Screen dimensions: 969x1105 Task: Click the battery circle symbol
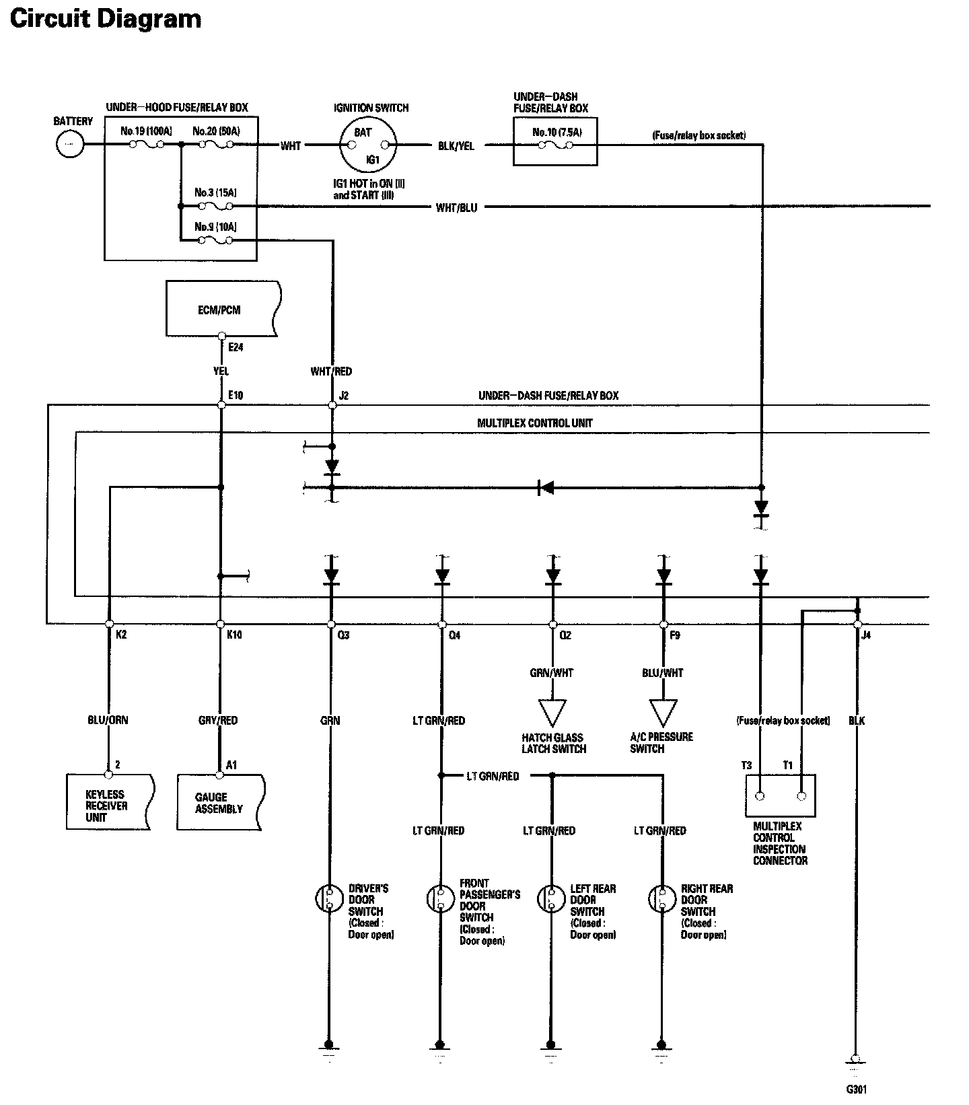[70, 144]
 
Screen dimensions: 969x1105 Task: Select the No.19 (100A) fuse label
[147, 131]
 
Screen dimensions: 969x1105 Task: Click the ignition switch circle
[367, 146]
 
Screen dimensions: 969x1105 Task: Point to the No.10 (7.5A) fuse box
[555, 141]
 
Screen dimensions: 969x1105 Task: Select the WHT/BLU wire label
[456, 207]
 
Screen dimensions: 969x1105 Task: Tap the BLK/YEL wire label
[456, 146]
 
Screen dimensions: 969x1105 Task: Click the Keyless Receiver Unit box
[110, 801]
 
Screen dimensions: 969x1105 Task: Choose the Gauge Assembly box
[221, 801]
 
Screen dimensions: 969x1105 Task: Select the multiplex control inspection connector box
[781, 795]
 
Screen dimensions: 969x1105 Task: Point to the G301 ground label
[856, 1089]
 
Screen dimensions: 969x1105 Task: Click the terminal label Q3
[343, 635]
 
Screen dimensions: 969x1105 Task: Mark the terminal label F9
[674, 635]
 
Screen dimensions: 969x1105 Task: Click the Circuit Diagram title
[106, 19]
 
